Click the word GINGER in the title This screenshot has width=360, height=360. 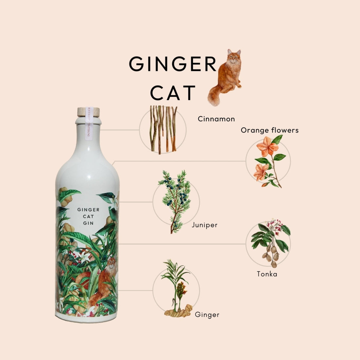[172, 63]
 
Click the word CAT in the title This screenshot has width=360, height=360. [173, 93]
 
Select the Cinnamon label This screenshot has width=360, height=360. [216, 119]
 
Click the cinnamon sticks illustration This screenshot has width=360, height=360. [163, 129]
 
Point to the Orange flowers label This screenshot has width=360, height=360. [269, 130]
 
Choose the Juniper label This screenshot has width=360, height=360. [205, 225]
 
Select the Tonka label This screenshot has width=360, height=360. [267, 274]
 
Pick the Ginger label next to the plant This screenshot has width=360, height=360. [207, 315]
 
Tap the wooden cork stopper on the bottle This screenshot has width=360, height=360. [88, 112]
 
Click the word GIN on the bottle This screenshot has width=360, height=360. [88, 223]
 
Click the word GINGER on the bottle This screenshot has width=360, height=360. [88, 209]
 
